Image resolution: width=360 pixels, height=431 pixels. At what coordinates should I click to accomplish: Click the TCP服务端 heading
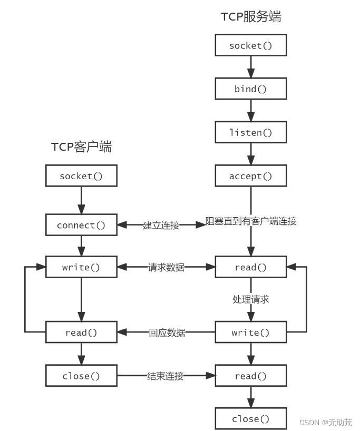pyautogui.click(x=251, y=16)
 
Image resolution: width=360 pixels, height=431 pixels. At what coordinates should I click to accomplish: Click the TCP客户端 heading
pyautogui.click(x=81, y=146)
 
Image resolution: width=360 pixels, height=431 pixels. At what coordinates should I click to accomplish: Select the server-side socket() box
pyautogui.click(x=251, y=45)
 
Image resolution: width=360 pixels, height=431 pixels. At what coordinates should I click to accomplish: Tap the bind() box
pyautogui.click(x=251, y=89)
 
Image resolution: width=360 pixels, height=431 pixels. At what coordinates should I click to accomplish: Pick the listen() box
pyautogui.click(x=251, y=132)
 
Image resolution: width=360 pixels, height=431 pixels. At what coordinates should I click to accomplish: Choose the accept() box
pyautogui.click(x=251, y=176)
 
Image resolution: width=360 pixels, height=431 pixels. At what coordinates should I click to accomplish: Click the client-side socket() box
pyautogui.click(x=81, y=176)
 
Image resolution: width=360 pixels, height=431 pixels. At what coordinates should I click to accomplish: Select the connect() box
pyautogui.click(x=81, y=225)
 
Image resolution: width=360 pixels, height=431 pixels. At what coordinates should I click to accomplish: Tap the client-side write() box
pyautogui.click(x=81, y=267)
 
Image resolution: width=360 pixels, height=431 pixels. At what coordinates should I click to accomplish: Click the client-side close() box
pyautogui.click(x=81, y=376)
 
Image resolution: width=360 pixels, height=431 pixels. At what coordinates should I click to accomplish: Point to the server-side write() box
pyautogui.click(x=251, y=332)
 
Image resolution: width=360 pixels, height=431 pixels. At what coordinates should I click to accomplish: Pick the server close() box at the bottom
pyautogui.click(x=251, y=419)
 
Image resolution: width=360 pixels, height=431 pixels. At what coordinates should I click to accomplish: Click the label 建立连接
pyautogui.click(x=161, y=225)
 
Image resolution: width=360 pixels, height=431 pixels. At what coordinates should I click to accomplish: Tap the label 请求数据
pyautogui.click(x=166, y=267)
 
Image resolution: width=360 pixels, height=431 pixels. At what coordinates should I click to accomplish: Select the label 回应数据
pyautogui.click(x=167, y=332)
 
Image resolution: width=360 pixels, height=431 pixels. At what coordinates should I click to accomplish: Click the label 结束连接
pyautogui.click(x=166, y=376)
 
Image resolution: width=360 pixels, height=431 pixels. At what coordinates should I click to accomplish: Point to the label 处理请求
pyautogui.click(x=251, y=299)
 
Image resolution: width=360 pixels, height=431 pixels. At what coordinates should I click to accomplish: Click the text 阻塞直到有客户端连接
pyautogui.click(x=251, y=221)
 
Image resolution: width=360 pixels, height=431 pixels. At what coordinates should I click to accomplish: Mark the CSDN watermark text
pyautogui.click(x=326, y=422)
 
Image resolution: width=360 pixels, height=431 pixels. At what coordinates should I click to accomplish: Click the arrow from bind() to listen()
pyautogui.click(x=251, y=111)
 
